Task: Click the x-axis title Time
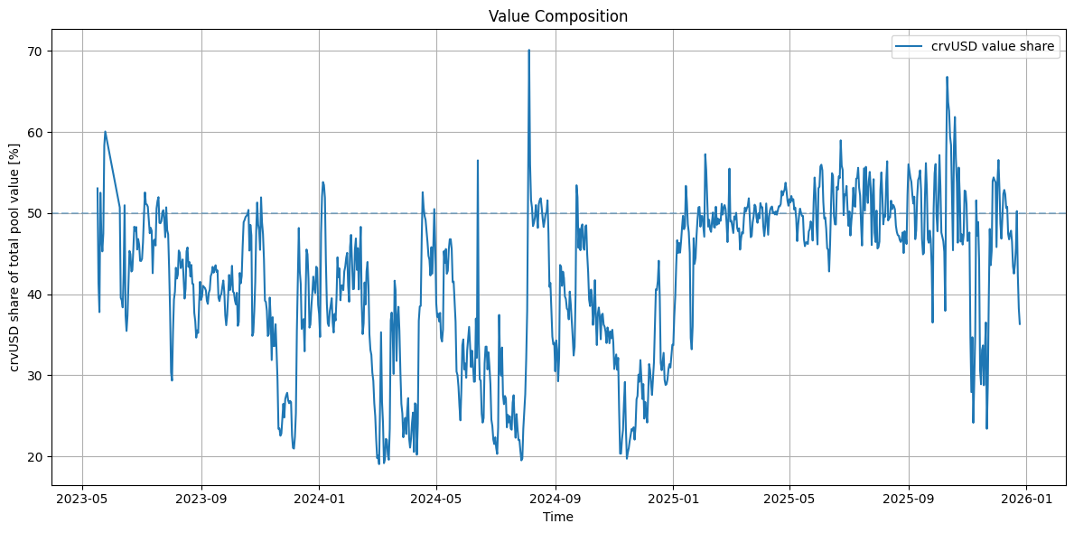(557, 518)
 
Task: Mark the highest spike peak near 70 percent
(529, 51)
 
